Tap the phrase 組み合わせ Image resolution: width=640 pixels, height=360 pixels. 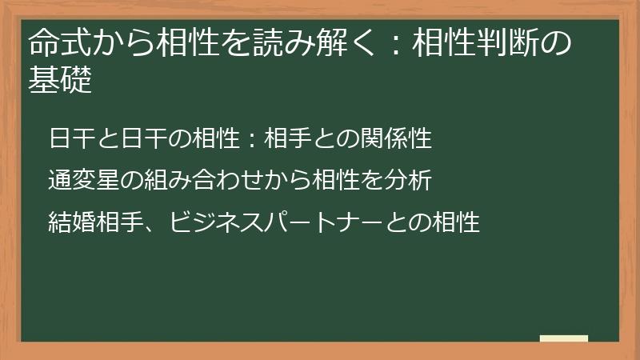201,181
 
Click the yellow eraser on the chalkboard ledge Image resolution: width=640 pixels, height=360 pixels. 563,338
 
